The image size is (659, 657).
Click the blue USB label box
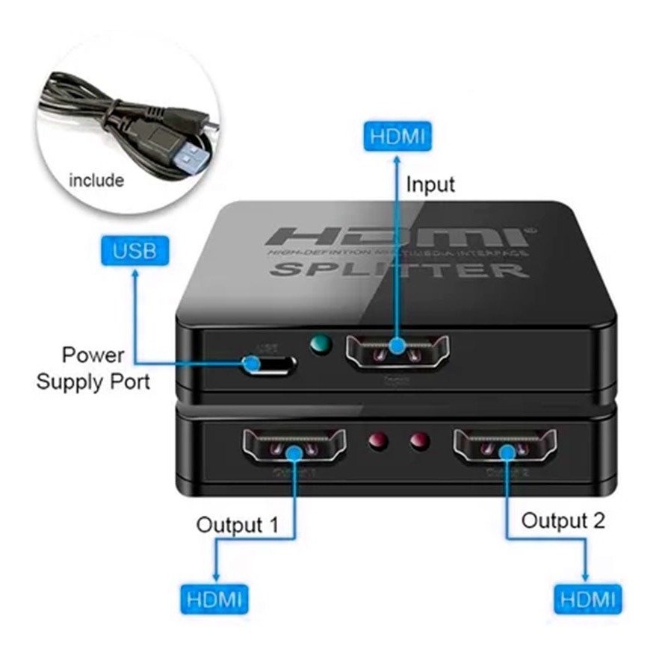coord(134,250)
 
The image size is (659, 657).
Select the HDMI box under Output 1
coord(214,598)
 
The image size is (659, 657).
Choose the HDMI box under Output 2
coord(587,598)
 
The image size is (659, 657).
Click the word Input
coord(430,184)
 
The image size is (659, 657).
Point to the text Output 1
coord(237,525)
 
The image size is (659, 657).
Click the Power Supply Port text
coord(93,368)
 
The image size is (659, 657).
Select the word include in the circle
coord(96,180)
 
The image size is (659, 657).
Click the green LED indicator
coord(321,344)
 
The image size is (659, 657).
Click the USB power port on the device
coord(270,364)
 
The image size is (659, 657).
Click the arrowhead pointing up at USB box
coord(135,273)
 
